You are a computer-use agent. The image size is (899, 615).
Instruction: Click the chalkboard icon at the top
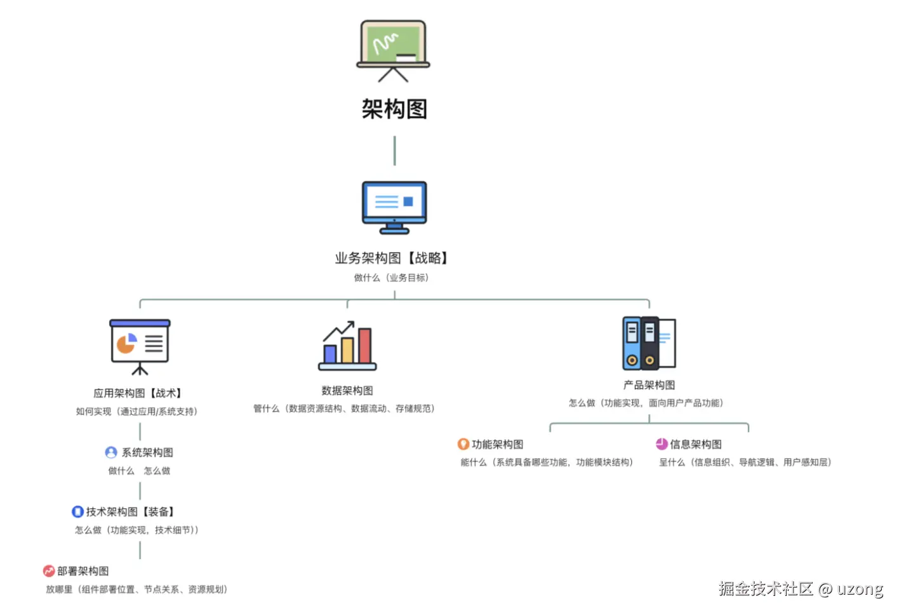click(x=393, y=50)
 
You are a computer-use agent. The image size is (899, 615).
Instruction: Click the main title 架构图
click(x=394, y=109)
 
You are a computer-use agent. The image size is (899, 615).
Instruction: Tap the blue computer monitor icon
click(x=394, y=206)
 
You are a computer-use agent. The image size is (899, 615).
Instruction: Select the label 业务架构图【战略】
click(x=393, y=258)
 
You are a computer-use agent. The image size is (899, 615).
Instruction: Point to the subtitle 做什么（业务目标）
click(x=392, y=278)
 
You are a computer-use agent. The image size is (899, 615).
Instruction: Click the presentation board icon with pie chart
click(x=140, y=346)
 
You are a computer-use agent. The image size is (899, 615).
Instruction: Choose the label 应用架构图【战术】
click(x=138, y=393)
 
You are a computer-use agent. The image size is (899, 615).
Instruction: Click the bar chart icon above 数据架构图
click(x=347, y=346)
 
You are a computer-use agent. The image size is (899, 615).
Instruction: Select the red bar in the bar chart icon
click(x=364, y=346)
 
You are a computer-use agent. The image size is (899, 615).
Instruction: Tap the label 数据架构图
click(x=347, y=391)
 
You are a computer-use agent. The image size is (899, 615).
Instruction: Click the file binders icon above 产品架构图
click(x=649, y=343)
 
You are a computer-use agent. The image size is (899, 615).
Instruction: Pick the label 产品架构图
click(x=649, y=385)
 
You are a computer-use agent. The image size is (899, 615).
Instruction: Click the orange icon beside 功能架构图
click(x=463, y=444)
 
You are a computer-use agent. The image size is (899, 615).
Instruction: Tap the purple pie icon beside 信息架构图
click(x=662, y=444)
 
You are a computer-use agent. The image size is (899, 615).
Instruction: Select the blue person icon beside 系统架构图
click(x=111, y=452)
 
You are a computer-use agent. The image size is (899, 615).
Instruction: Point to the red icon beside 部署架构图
click(x=49, y=571)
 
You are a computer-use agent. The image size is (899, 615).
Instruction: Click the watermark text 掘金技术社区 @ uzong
click(x=801, y=589)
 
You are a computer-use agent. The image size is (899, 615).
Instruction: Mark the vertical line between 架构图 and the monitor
click(x=394, y=151)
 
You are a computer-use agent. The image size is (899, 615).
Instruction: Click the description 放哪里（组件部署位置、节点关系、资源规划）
click(x=137, y=590)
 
